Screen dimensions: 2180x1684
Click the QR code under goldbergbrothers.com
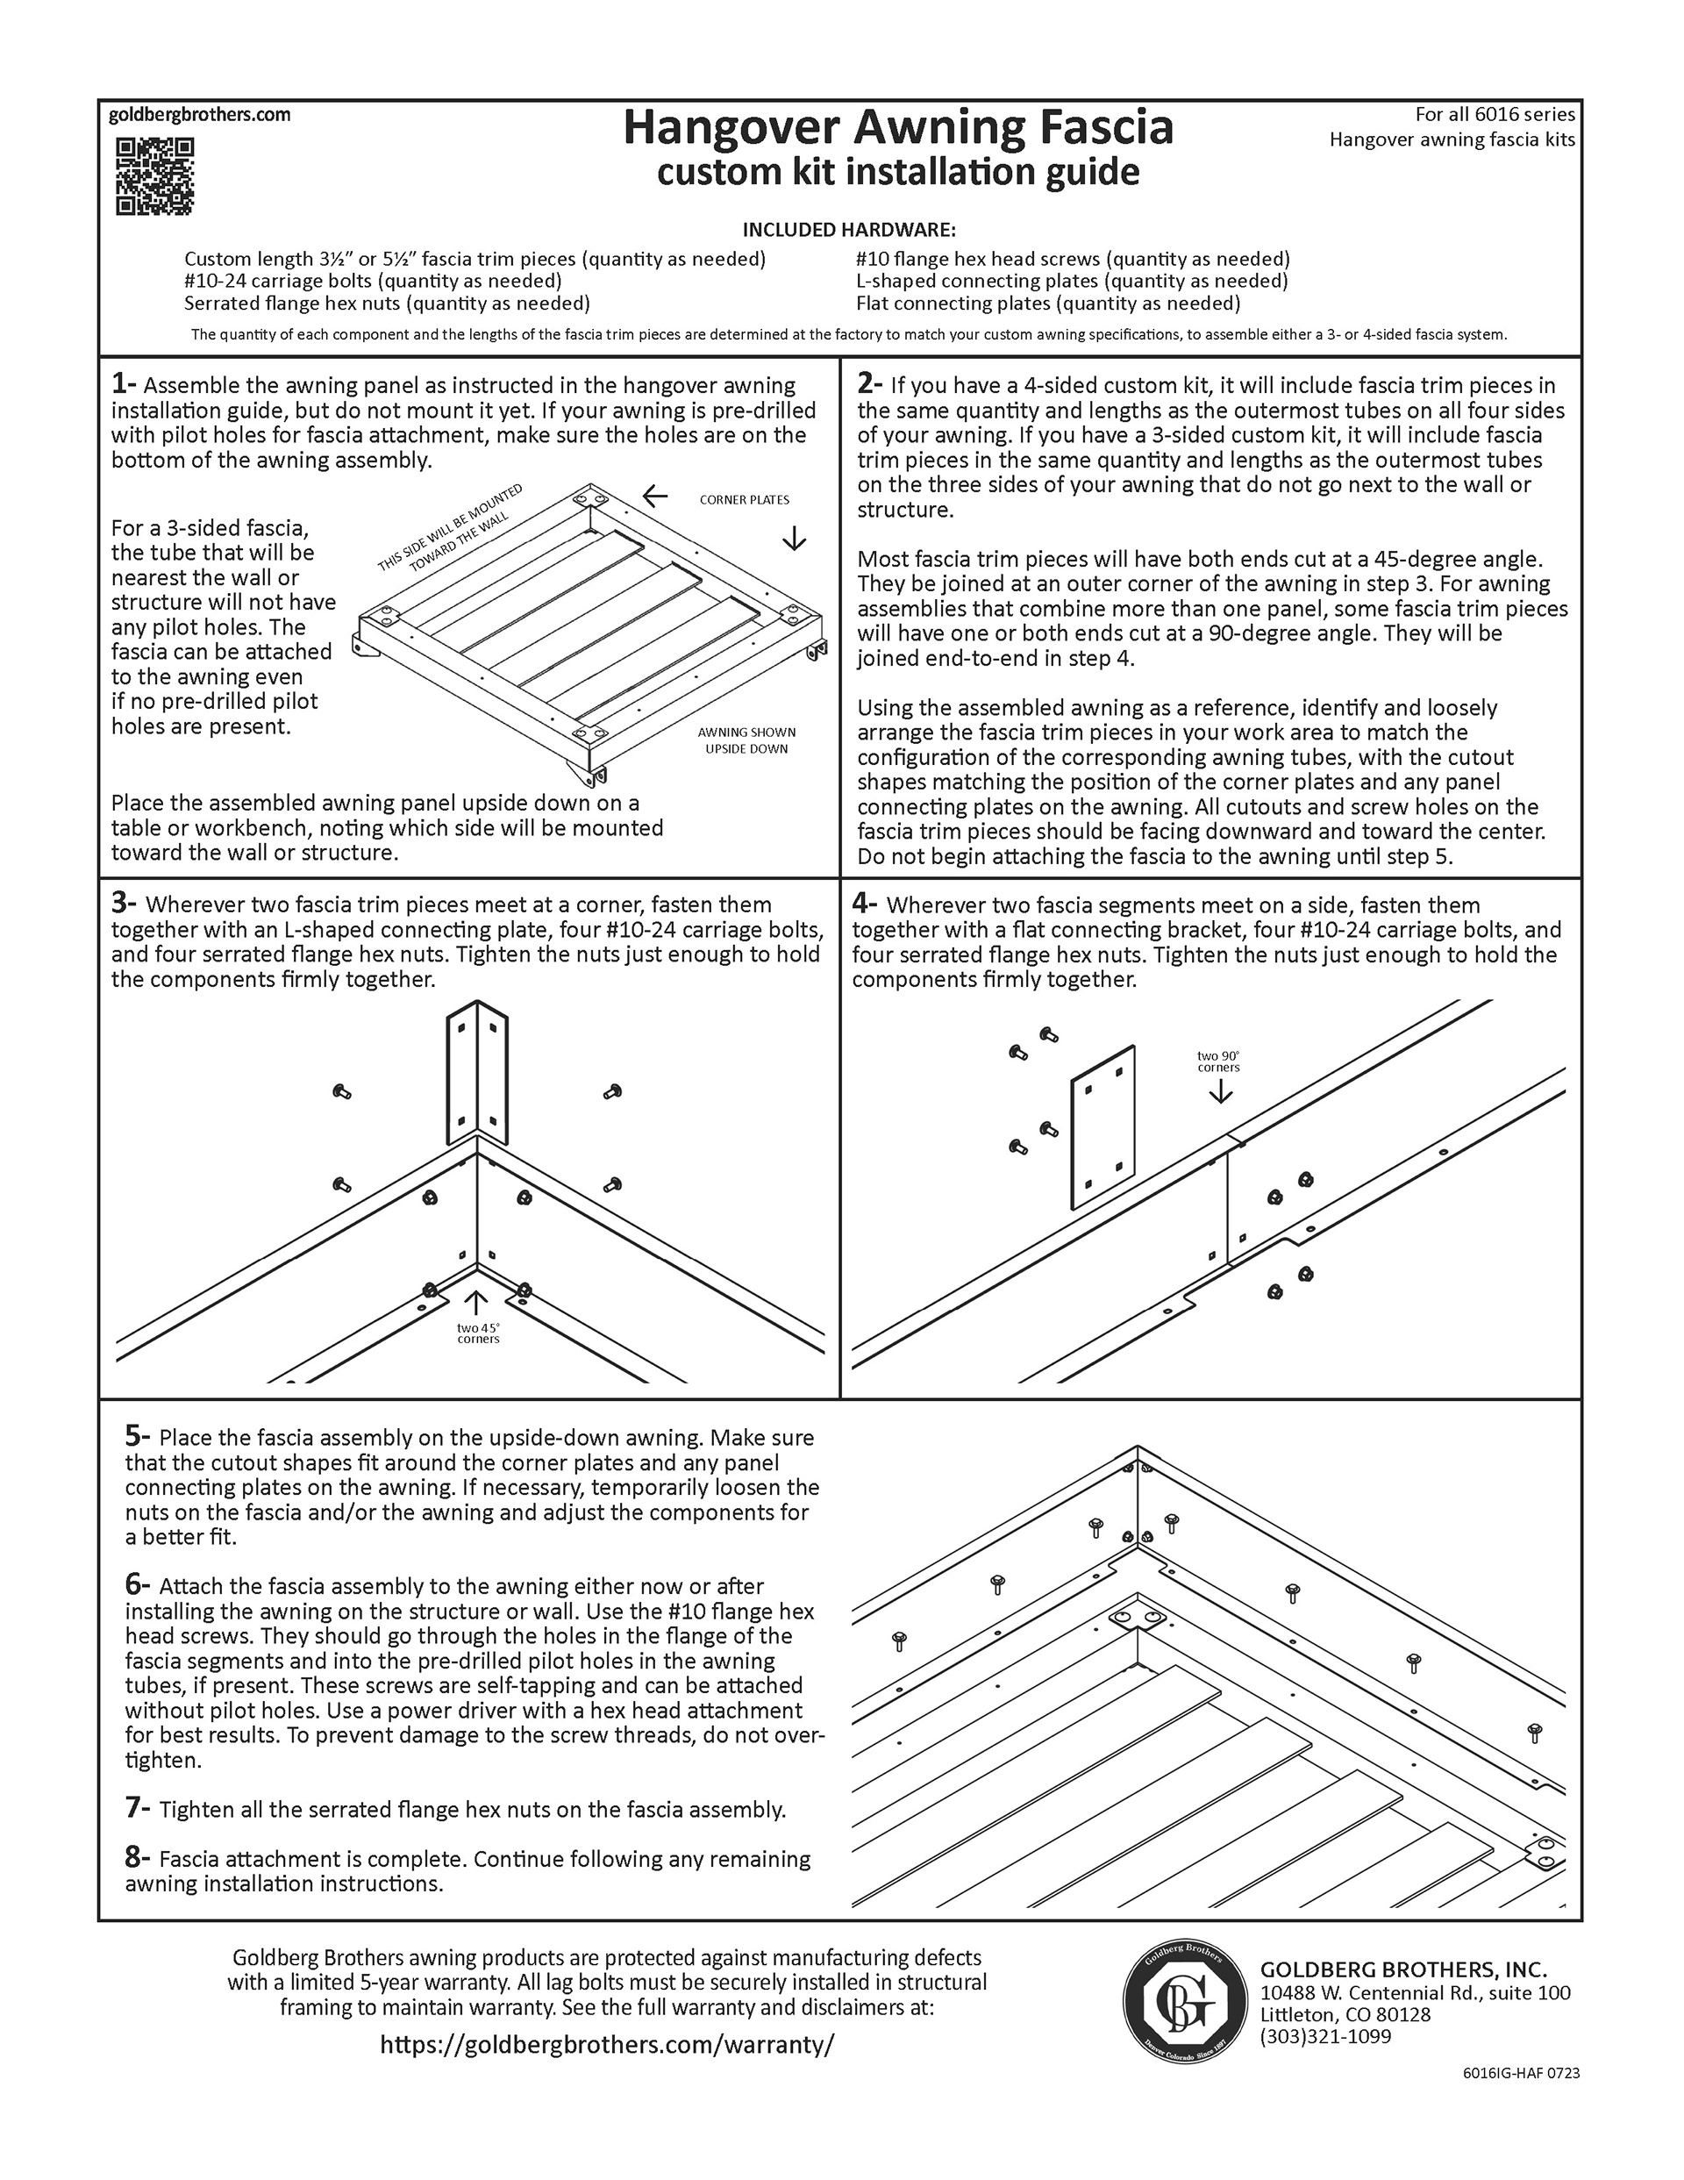pyautogui.click(x=154, y=176)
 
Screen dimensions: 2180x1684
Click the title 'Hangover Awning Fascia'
pyautogui.click(x=897, y=129)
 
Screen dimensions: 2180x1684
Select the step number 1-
pyautogui.click(x=124, y=384)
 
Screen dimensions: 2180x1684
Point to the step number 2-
pyautogui.click(x=869, y=384)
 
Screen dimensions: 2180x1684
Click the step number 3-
pyautogui.click(x=124, y=904)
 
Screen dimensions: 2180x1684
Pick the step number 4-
pyautogui.click(x=865, y=904)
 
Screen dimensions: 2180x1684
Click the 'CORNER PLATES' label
pyautogui.click(x=744, y=499)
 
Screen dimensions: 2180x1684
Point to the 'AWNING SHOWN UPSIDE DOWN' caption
pyautogui.click(x=746, y=740)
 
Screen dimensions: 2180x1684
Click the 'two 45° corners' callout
pyautogui.click(x=478, y=1333)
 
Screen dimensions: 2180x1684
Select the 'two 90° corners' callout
pyautogui.click(x=1218, y=1061)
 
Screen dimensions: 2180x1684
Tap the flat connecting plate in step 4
pyautogui.click(x=1103, y=1127)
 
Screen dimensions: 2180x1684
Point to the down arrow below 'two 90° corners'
pyautogui.click(x=1220, y=1092)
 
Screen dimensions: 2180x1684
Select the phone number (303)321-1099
pyautogui.click(x=1325, y=2036)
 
